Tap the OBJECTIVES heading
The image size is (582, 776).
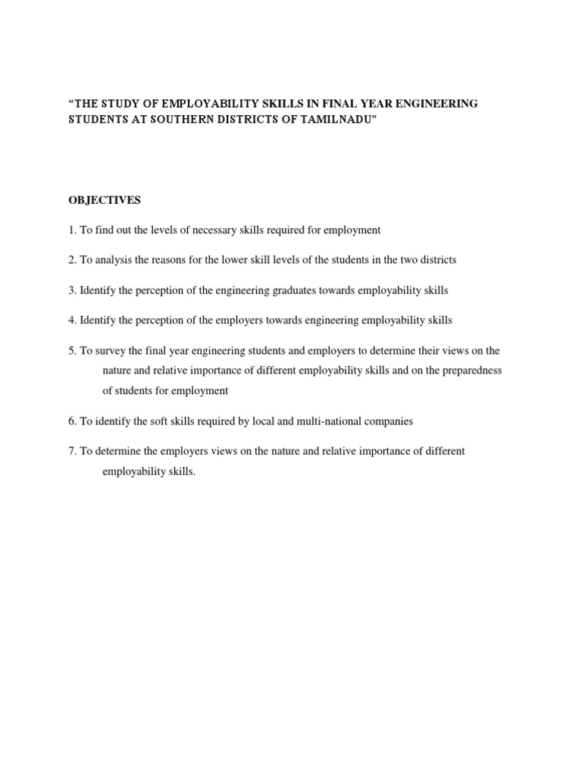pos(105,200)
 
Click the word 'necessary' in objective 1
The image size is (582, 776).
pos(215,230)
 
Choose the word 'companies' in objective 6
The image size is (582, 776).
pos(387,421)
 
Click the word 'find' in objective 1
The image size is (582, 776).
pos(102,230)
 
